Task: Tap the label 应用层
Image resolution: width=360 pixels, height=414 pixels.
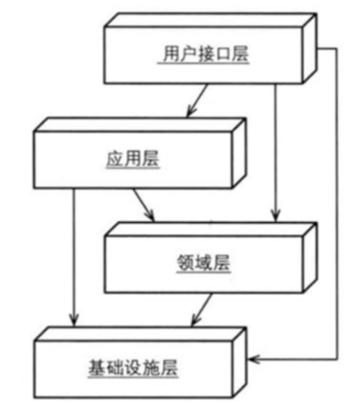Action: pyautogui.click(x=133, y=158)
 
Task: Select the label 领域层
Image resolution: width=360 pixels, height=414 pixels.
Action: pyautogui.click(x=203, y=263)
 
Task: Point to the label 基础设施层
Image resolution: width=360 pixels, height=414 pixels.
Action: pyautogui.click(x=133, y=368)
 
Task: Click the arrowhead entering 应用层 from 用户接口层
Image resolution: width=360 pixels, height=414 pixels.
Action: pyautogui.click(x=191, y=112)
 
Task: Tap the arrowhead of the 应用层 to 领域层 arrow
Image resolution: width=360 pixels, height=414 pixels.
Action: pyautogui.click(x=150, y=215)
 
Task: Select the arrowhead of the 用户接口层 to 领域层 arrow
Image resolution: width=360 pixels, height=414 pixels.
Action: pyautogui.click(x=275, y=215)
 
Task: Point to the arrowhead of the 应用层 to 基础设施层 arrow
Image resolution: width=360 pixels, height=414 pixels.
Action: pyautogui.click(x=74, y=320)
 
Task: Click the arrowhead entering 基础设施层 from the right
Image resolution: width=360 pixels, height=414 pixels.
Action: pyautogui.click(x=254, y=359)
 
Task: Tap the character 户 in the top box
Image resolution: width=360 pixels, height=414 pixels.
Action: pyautogui.click(x=188, y=54)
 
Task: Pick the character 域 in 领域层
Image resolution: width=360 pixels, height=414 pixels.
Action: pyautogui.click(x=203, y=263)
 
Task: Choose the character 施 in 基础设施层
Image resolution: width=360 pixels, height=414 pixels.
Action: pyautogui.click(x=151, y=368)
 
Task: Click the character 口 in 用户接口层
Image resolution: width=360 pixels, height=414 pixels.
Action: pyautogui.click(x=223, y=54)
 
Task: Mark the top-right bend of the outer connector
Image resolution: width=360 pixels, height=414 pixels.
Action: pyautogui.click(x=336, y=49)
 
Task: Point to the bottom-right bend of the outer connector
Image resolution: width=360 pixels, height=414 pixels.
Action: pyautogui.click(x=337, y=359)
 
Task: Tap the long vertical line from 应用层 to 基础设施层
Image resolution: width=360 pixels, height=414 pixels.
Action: pyautogui.click(x=74, y=257)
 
